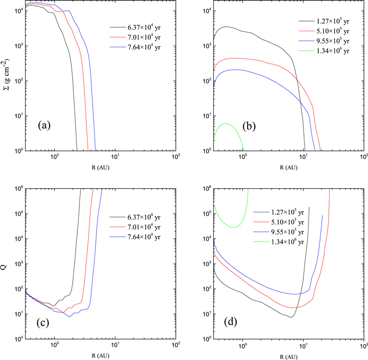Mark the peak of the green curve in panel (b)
tap(226, 124)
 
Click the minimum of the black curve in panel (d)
tap(290, 317)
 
